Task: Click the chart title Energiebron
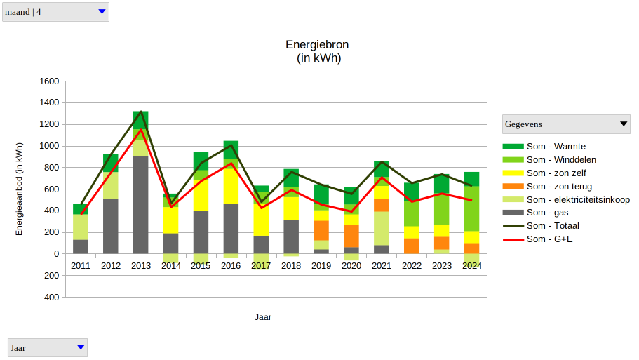click(317, 45)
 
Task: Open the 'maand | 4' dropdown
click(102, 11)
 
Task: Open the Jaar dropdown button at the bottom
click(81, 347)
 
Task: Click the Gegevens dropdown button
click(624, 124)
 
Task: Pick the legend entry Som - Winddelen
click(560, 159)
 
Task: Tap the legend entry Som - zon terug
click(559, 186)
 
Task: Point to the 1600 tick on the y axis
click(49, 81)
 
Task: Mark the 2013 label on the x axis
click(141, 266)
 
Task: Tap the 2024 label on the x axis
click(472, 266)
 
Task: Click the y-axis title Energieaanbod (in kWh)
click(20, 189)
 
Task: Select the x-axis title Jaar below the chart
click(263, 317)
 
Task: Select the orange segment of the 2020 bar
click(351, 236)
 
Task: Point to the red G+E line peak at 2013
click(141, 130)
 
